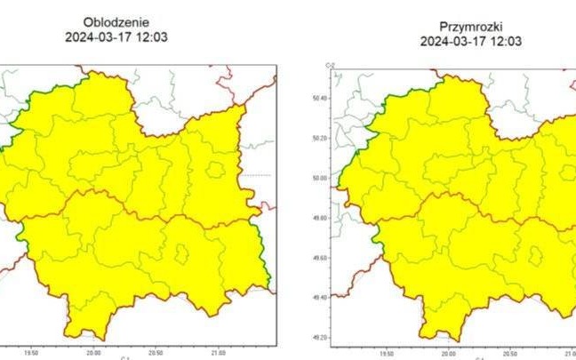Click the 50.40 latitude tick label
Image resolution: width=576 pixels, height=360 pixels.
tap(319, 99)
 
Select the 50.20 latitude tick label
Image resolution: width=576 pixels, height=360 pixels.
tap(319, 139)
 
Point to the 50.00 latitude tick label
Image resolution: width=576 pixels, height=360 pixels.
tap(319, 178)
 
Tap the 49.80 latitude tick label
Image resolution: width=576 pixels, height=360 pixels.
tap(319, 218)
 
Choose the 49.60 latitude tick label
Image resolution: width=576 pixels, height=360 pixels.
tap(319, 258)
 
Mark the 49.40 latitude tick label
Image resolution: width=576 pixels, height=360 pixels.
tap(319, 298)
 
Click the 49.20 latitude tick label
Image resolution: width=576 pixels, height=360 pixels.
tap(319, 338)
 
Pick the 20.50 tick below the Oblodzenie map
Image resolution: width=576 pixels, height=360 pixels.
tap(156, 352)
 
